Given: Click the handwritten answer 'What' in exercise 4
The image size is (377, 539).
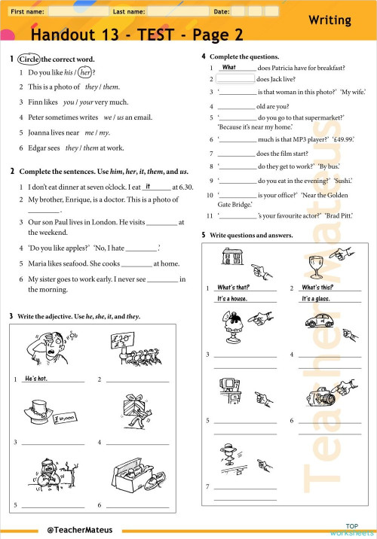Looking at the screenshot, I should (229, 67).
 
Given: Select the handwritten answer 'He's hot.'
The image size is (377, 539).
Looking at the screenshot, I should (36, 379).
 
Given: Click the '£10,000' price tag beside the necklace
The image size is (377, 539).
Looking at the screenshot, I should (63, 418).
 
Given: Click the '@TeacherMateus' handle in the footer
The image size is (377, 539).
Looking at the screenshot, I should (80, 529).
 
